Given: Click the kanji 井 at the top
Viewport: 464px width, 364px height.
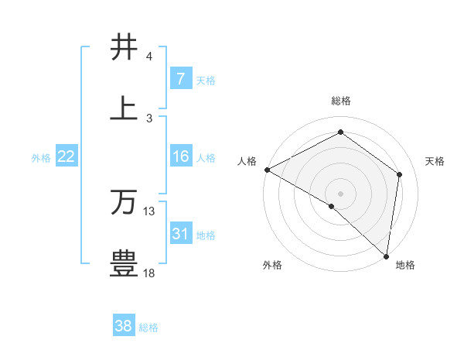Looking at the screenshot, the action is pos(124,47).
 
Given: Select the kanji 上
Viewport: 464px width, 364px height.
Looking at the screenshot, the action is pos(124,108).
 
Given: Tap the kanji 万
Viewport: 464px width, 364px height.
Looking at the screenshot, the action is pos(124,202).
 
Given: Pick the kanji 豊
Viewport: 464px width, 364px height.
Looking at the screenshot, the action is pos(124,263).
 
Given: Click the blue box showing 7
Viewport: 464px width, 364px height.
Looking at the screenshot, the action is pos(180,78).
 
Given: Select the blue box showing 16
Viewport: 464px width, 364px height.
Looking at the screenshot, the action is pos(180,156).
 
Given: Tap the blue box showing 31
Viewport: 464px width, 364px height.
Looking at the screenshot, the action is pos(180,233).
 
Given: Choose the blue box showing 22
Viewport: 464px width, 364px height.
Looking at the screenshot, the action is pos(67,156).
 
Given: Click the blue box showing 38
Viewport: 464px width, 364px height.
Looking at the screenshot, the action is pos(123,326).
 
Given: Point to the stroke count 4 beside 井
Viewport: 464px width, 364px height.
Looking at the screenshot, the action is pos(149,57).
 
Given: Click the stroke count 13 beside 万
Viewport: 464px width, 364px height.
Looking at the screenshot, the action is pos(149,211).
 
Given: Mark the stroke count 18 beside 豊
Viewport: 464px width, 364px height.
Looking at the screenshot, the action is pos(149,273).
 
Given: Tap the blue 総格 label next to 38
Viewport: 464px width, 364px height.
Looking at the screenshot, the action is pos(148,328).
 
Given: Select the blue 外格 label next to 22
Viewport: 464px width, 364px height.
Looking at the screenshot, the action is pos(41,158).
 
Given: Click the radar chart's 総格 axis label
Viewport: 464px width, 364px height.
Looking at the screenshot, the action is pos(341,101).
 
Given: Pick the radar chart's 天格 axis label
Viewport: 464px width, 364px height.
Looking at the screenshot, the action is pos(435,161).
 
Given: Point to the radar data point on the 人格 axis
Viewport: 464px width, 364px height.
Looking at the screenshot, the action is pos(267,170).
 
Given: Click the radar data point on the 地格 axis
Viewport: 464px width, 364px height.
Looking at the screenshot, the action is pos(386,256).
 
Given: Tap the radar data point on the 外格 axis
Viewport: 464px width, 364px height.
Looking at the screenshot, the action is pos(332,207).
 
